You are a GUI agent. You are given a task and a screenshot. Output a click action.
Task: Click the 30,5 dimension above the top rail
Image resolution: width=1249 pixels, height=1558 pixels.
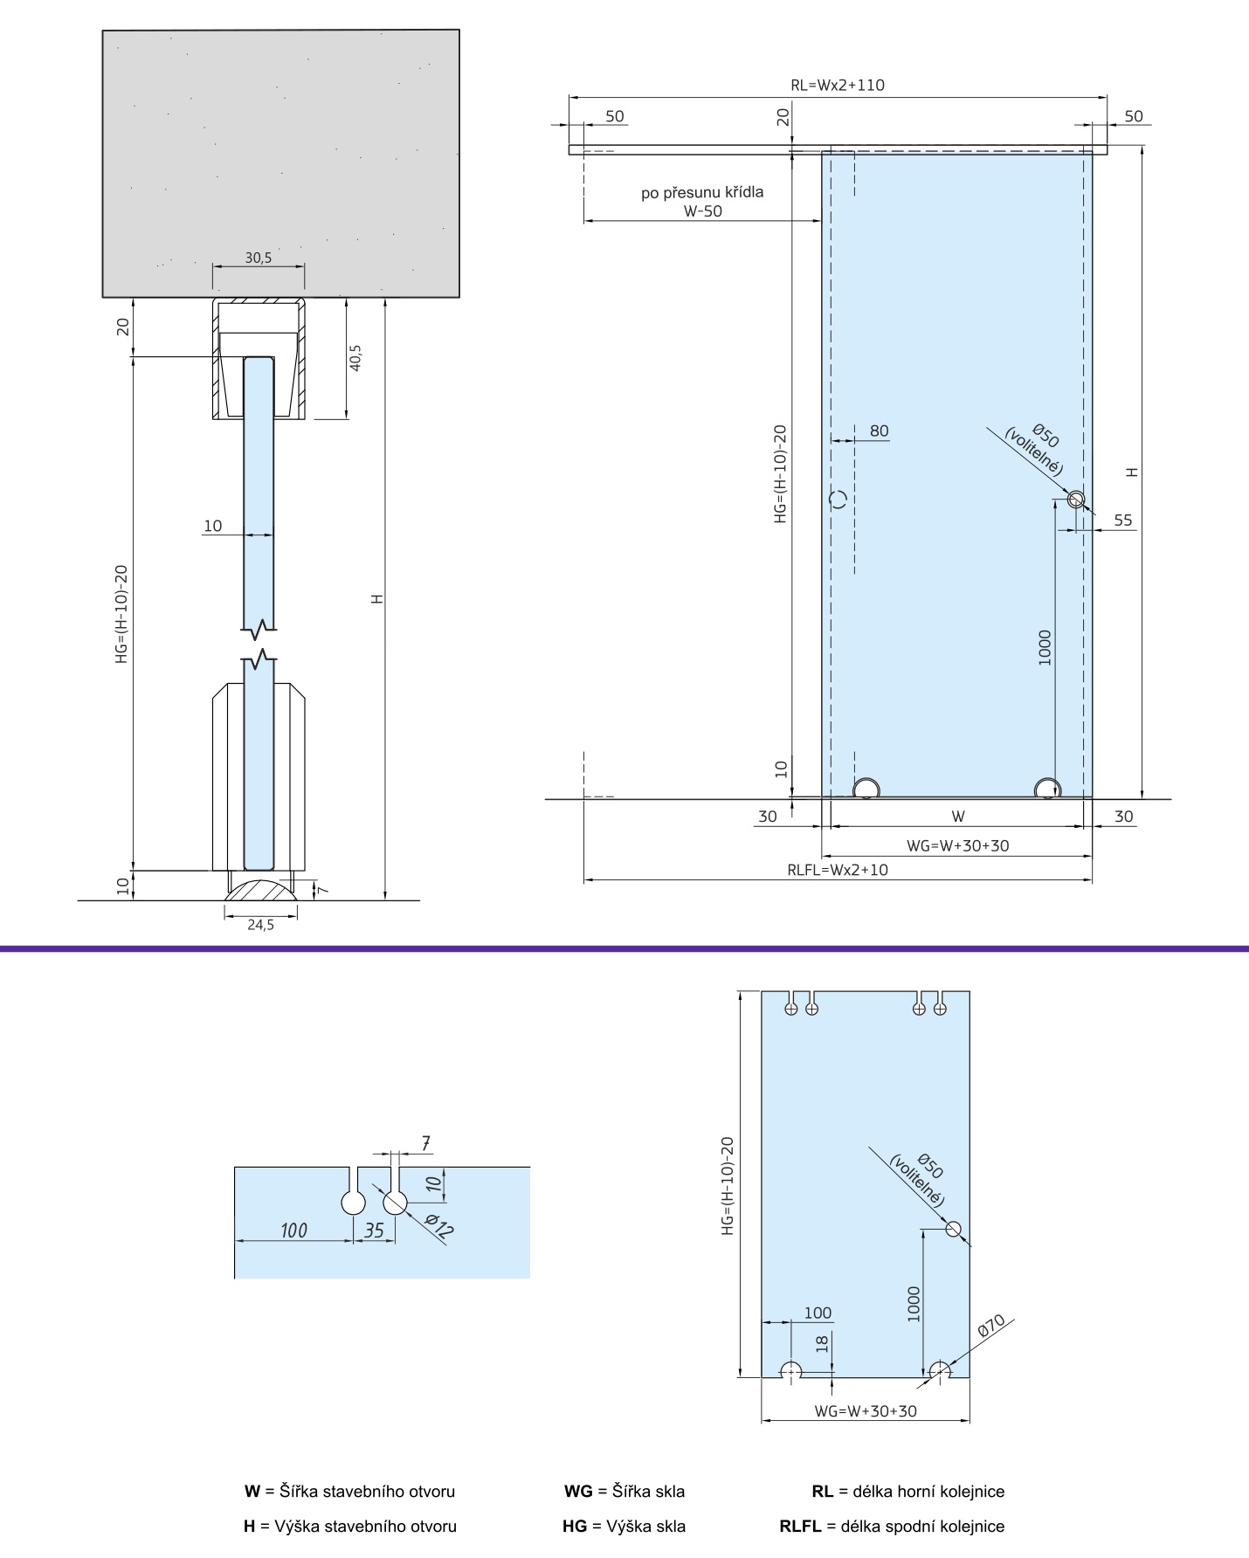click(x=258, y=258)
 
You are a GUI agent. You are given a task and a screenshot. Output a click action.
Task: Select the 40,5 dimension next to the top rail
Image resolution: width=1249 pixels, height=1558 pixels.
click(x=355, y=357)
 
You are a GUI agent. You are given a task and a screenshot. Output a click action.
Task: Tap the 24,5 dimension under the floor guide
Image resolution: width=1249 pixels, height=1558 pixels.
click(x=260, y=925)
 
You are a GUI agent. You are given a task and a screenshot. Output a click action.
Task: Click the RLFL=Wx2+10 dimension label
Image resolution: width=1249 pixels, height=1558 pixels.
click(x=838, y=870)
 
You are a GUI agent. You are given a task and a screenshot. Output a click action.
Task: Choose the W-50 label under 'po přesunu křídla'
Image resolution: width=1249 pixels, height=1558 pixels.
click(x=702, y=210)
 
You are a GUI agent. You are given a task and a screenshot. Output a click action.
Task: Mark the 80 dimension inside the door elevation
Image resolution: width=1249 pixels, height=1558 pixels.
click(x=879, y=431)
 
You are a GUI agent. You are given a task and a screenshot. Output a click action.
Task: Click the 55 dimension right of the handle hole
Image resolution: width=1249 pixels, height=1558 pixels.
click(x=1123, y=520)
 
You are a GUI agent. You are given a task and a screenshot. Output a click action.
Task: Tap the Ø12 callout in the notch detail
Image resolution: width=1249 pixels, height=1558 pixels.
click(x=440, y=1228)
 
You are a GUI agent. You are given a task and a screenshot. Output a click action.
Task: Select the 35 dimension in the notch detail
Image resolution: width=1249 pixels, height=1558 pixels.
click(x=374, y=1231)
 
